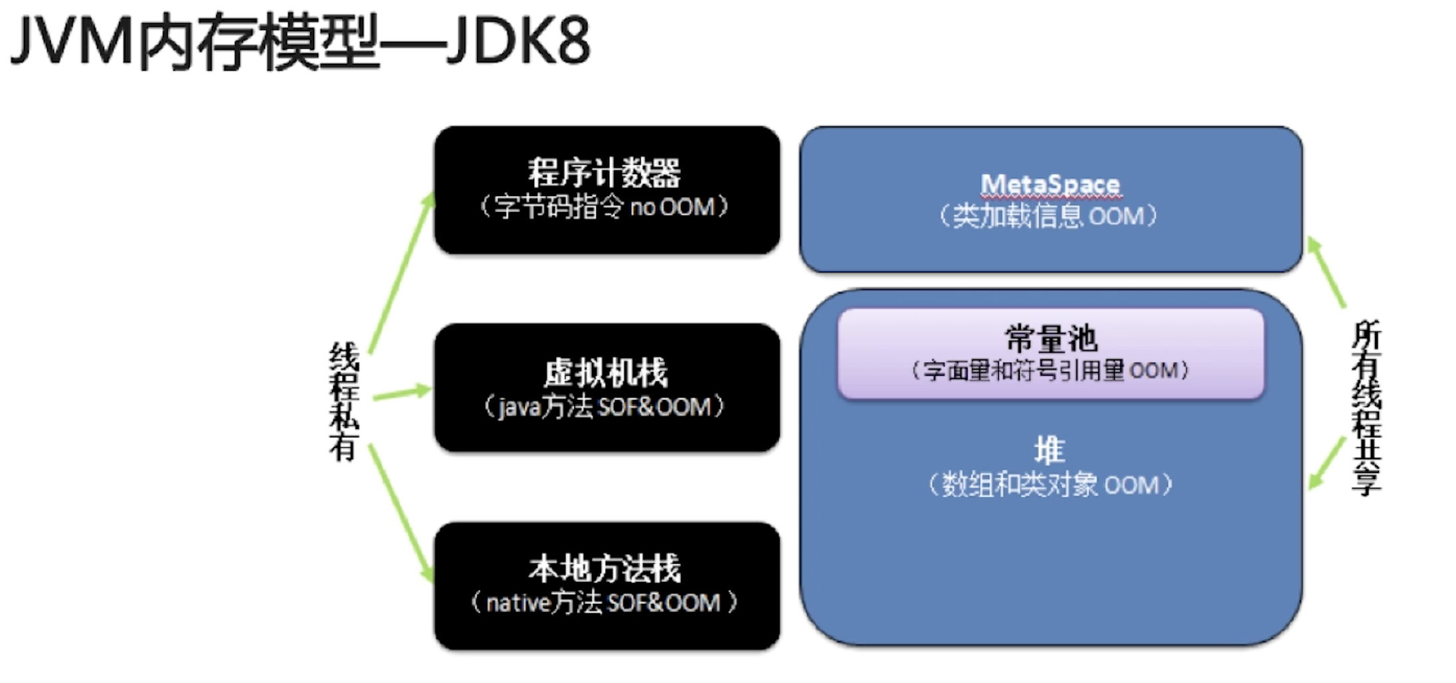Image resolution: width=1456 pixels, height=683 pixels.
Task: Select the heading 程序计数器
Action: point(604,172)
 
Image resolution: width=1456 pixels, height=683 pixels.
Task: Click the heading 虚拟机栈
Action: point(606,372)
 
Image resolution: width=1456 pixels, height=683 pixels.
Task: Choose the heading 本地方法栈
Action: point(604,569)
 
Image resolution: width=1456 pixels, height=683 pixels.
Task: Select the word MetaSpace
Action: point(1050,184)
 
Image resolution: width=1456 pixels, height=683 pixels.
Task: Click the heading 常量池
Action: point(1051,339)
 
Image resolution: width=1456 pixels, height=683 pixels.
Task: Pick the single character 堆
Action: point(1049,450)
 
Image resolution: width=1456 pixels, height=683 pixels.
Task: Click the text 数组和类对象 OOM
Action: point(1049,485)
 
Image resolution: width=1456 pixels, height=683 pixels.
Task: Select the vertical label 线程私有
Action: point(344,401)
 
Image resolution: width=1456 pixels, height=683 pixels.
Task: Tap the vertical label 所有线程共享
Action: point(1366,407)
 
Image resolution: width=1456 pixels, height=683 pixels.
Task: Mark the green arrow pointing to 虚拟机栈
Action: point(402,393)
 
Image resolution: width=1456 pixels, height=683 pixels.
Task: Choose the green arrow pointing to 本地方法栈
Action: point(401,513)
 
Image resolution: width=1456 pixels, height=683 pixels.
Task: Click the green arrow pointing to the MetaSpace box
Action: point(1326,272)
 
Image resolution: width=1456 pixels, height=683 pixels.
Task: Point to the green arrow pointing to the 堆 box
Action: point(1327,463)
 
